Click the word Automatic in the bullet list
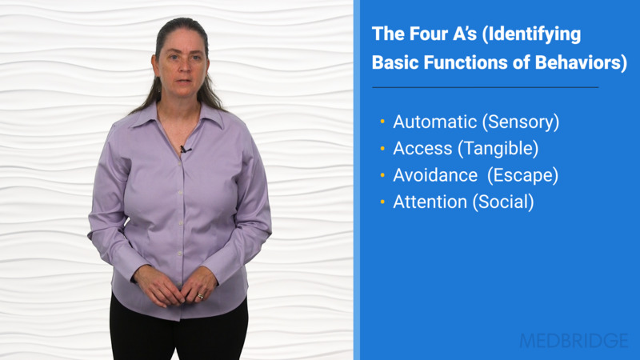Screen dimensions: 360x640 click(x=434, y=122)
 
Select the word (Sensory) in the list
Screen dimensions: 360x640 click(x=520, y=122)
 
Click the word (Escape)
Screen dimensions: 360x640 click(x=525, y=175)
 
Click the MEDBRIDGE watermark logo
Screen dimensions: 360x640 click(x=574, y=340)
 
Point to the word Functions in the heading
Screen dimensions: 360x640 click(x=470, y=63)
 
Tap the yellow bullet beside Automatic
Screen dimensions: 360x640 click(x=382, y=123)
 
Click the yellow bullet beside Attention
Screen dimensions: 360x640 click(x=382, y=202)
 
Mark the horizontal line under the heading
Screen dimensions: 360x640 click(x=485, y=86)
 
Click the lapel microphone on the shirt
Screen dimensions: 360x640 click(x=183, y=150)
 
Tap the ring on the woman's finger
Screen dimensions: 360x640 click(x=200, y=296)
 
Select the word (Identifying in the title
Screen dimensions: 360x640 click(x=533, y=35)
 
